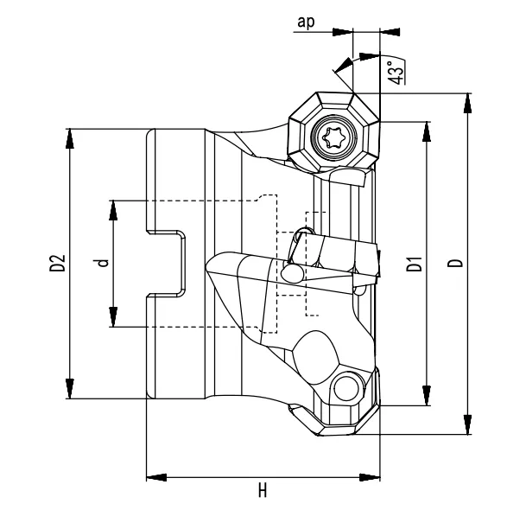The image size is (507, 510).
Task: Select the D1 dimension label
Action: (414, 264)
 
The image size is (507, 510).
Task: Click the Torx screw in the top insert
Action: (332, 136)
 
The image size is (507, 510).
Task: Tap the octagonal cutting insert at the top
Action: (333, 135)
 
